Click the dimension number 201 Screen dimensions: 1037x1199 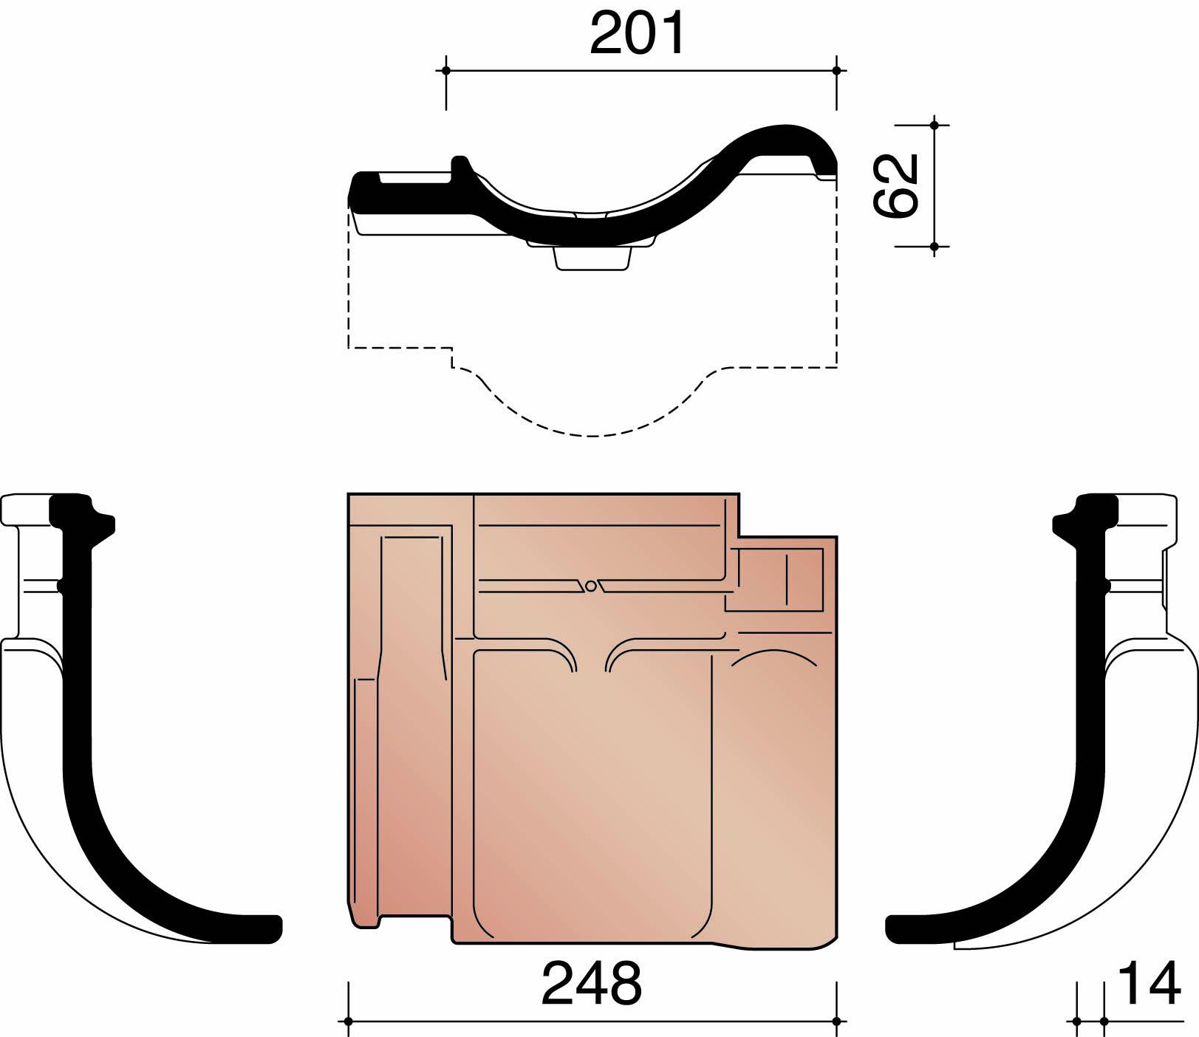pyautogui.click(x=637, y=34)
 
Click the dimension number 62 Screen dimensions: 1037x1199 pyautogui.click(x=895, y=185)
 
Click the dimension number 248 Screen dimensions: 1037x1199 pyautogui.click(x=591, y=984)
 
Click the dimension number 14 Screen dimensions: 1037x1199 pyautogui.click(x=1149, y=984)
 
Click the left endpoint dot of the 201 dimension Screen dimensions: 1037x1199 pyautogui.click(x=445, y=71)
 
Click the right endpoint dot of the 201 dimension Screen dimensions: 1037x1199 pyautogui.click(x=836, y=71)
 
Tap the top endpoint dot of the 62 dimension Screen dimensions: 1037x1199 pyautogui.click(x=935, y=126)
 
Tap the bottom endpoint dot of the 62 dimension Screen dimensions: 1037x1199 pyautogui.click(x=935, y=246)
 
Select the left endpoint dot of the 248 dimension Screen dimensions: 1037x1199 pyautogui.click(x=348, y=1021)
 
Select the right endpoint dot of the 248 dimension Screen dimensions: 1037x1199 pyautogui.click(x=836, y=1021)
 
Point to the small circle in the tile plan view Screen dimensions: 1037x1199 pyautogui.click(x=590, y=586)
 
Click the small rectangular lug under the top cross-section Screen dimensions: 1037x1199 pyautogui.click(x=592, y=259)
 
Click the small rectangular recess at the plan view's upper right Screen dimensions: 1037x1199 pyautogui.click(x=776, y=580)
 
